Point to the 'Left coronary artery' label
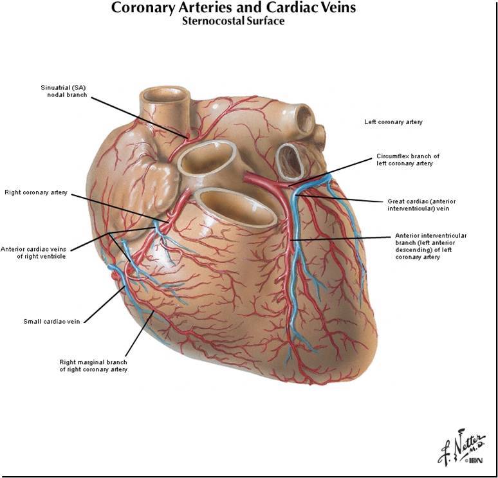(x=393, y=122)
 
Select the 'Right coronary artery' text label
(x=35, y=192)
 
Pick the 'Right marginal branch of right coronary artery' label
(x=93, y=365)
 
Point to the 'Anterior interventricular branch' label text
(x=430, y=246)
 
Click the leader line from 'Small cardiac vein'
(x=103, y=305)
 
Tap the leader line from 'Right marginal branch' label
(x=138, y=335)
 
